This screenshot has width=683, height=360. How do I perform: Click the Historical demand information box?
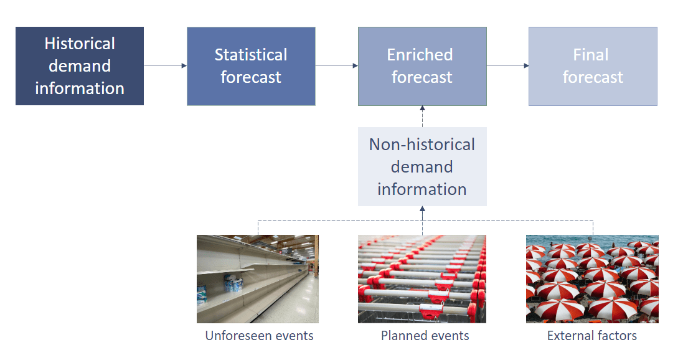tap(80, 66)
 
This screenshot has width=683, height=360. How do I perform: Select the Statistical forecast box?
tap(251, 66)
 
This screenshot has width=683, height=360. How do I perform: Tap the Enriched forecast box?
tap(422, 66)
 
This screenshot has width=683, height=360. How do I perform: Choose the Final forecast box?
tap(593, 66)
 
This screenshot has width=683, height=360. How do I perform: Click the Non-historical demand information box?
tap(422, 166)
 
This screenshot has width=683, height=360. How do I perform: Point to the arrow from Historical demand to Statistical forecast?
tap(165, 65)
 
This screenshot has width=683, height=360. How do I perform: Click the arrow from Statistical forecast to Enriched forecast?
tap(336, 65)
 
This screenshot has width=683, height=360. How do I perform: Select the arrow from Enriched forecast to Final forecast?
tap(507, 65)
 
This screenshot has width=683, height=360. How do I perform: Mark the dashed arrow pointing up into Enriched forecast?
tap(422, 116)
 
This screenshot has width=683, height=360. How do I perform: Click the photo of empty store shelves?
tap(257, 278)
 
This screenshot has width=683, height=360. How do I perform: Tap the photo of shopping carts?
tap(422, 278)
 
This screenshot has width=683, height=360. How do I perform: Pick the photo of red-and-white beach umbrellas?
tap(592, 278)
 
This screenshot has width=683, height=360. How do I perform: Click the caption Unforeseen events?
tap(259, 336)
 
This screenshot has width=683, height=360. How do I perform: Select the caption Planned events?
tap(425, 336)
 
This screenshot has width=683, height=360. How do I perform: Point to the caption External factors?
tap(591, 336)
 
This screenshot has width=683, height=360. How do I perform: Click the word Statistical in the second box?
tap(251, 55)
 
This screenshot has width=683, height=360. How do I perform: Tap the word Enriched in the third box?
tap(420, 55)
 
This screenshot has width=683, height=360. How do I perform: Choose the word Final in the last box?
tap(590, 55)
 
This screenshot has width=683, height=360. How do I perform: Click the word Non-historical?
tap(422, 144)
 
